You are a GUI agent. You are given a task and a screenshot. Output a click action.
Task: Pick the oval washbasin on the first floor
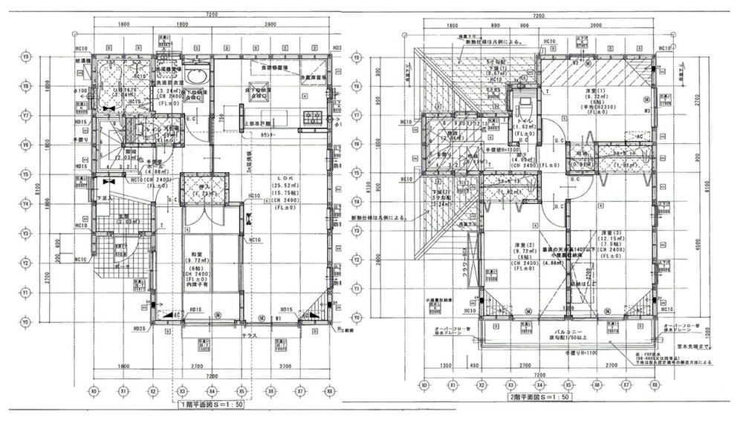pyautogui.click(x=197, y=76)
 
